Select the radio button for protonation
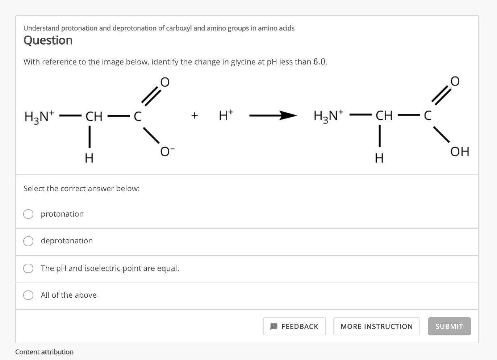[28, 214]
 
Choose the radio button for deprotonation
[28, 241]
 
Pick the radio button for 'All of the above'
[28, 295]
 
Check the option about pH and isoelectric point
[28, 268]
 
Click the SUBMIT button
[449, 326]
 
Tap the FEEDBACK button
[294, 326]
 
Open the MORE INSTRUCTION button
[376, 326]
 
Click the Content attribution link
[44, 352]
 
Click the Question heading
[48, 40]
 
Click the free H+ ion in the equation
[226, 115]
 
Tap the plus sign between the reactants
[195, 116]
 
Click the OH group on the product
[460, 151]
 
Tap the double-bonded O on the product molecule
[455, 81]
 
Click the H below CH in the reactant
[89, 158]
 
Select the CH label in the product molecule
[384, 116]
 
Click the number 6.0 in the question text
[320, 62]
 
